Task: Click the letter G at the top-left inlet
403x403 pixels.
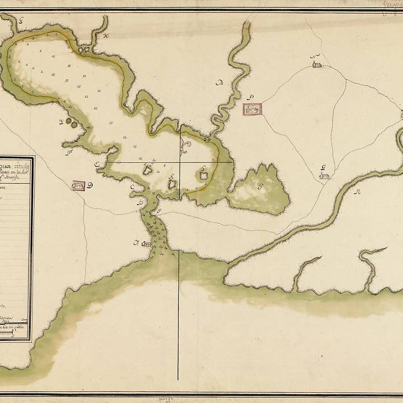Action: pyautogui.click(x=21, y=18)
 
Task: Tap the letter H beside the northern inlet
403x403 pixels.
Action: pyautogui.click(x=106, y=37)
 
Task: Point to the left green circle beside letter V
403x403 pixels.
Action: pyautogui.click(x=68, y=120)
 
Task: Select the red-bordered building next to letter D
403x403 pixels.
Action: pyautogui.click(x=78, y=185)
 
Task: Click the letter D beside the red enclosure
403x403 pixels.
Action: pyautogui.click(x=90, y=185)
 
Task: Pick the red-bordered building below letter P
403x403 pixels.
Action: pyautogui.click(x=252, y=110)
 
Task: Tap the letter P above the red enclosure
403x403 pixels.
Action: pyautogui.click(x=251, y=97)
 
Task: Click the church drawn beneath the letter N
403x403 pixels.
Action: pyautogui.click(x=317, y=65)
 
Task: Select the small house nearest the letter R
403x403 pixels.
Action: pyautogui.click(x=324, y=176)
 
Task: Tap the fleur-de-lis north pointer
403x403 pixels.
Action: pyautogui.click(x=185, y=147)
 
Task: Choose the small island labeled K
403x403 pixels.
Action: pyautogui.click(x=172, y=184)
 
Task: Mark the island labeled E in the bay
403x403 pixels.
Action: pyautogui.click(x=204, y=175)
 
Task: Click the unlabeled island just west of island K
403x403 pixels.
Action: pyautogui.click(x=148, y=170)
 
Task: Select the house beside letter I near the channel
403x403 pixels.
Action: pyautogui.click(x=147, y=243)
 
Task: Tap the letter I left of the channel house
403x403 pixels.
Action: pyautogui.click(x=135, y=242)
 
